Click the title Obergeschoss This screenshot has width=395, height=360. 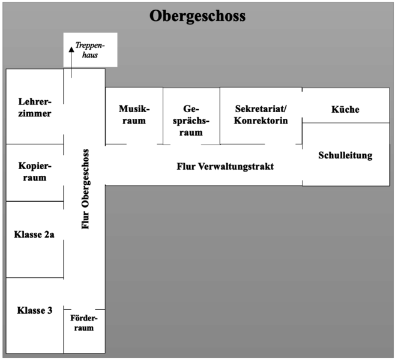point(197,16)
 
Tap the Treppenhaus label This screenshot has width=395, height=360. point(90,50)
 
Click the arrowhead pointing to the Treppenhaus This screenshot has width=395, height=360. point(71,49)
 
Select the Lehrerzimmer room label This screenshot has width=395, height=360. point(35,107)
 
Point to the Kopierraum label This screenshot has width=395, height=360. point(35,172)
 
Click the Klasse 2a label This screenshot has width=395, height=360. point(34,235)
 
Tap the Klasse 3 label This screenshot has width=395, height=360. point(34,310)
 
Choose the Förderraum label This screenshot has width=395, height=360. point(84,323)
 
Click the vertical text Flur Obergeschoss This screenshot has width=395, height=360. point(85,189)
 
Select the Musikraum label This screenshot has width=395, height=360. point(134,115)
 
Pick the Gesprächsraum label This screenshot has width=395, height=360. point(191,121)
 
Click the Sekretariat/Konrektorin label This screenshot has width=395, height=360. point(261,115)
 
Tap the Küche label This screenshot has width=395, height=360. point(345,109)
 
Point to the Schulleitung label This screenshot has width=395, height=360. point(345,155)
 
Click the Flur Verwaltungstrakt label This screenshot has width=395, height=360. point(225,166)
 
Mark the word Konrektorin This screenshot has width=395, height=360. point(261,121)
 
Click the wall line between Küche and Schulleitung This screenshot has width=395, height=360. point(346,123)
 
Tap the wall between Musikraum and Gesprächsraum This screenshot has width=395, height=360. point(163,116)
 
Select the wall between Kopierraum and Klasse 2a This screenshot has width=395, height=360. point(35,202)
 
